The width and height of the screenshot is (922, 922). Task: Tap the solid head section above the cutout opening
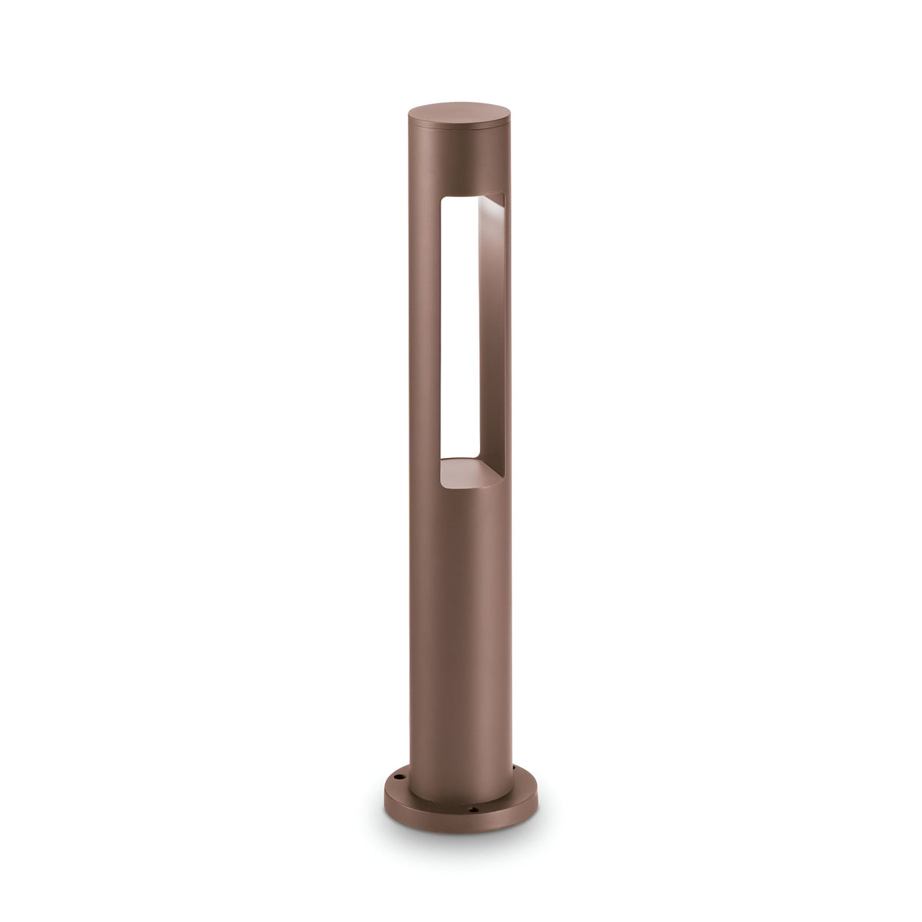tap(460, 163)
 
